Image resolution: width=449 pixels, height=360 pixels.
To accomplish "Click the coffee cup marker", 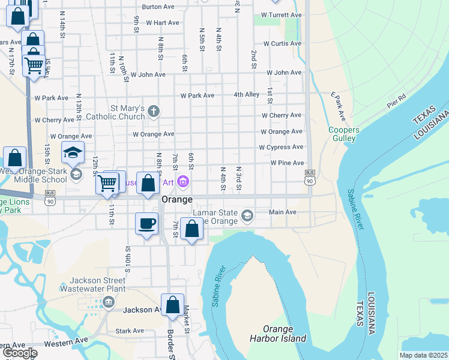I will pos(147,224).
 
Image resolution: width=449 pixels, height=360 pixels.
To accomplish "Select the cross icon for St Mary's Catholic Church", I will pos(154,111).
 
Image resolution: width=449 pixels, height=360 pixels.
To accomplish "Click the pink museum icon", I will pos(184,182).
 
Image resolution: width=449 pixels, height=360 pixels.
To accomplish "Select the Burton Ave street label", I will pos(158,7).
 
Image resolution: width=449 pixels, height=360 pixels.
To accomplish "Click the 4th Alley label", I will pos(247,95).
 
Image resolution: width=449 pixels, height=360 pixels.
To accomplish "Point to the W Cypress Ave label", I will pos(281,147).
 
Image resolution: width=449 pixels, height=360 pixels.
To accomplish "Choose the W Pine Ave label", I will pos(287,163).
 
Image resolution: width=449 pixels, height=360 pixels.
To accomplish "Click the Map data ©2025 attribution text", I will pos(423,355).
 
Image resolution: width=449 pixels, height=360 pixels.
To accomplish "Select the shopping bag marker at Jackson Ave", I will pos(172,304).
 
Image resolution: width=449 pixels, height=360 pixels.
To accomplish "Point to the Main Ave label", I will pos(283,212).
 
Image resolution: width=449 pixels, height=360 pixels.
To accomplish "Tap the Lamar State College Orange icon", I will pos(247,215).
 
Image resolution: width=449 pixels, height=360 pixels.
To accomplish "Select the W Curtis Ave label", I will pos(282,43).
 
